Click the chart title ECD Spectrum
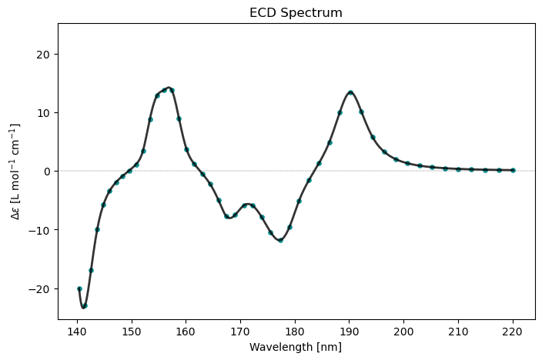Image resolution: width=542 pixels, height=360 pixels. pyautogui.click(x=296, y=13)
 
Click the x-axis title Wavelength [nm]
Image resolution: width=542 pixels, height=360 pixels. pyautogui.click(x=296, y=347)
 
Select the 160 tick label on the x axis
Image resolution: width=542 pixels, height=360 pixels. pyautogui.click(x=186, y=332)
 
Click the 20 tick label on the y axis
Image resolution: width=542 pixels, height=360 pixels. pyautogui.click(x=44, y=54)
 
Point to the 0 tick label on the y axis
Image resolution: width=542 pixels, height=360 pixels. pyautogui.click(x=47, y=171)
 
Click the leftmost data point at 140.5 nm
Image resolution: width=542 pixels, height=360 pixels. pyautogui.click(x=79, y=288)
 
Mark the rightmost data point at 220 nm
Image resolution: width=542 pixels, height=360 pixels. pyautogui.click(x=513, y=170)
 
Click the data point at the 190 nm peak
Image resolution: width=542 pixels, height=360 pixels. pyautogui.click(x=350, y=92)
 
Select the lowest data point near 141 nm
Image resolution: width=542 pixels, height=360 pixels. pyautogui.click(x=85, y=305)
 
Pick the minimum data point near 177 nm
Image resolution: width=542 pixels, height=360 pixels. pyautogui.click(x=280, y=240)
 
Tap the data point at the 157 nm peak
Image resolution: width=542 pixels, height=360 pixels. pyautogui.click(x=172, y=90)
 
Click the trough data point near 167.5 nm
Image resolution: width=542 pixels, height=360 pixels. pyautogui.click(x=226, y=216)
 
